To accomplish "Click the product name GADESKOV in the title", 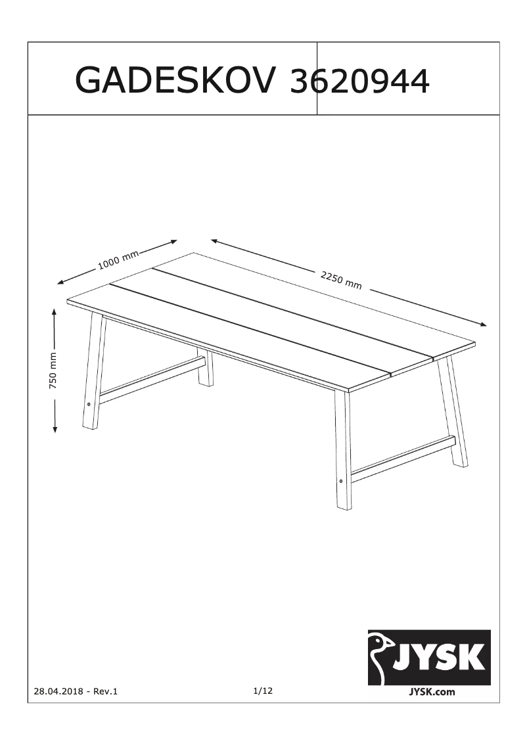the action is coord(175,81).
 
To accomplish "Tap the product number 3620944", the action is coord(359,81).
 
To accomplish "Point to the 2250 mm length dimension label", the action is coord(341,281).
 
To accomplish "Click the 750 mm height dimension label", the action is coord(53,371).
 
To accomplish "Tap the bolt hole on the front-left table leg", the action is coord(89,404).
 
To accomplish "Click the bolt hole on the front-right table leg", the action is coord(341,480).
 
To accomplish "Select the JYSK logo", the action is coord(429,657).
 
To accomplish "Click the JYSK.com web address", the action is coord(432,692).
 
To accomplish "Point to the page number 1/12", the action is coord(263,690).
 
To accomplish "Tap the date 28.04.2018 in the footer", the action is coord(58,691).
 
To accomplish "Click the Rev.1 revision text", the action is coord(105,691).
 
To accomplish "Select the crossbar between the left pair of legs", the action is coord(152,380).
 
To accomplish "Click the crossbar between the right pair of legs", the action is coord(403,455).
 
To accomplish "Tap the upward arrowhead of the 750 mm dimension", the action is coord(55,311).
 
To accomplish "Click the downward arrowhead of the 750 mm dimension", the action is coord(55,429).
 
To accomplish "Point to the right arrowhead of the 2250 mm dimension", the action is coord(483,325).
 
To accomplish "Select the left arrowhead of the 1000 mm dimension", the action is coord(60,282).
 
